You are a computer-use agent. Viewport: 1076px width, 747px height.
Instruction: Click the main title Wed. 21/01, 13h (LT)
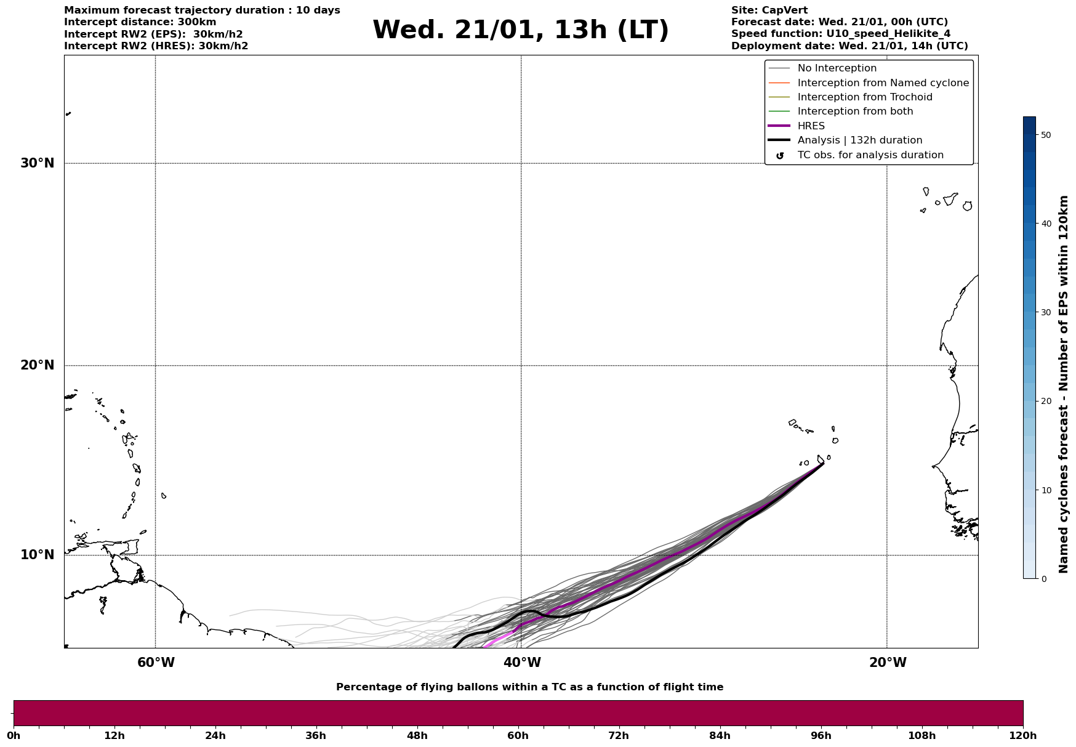[x=520, y=30]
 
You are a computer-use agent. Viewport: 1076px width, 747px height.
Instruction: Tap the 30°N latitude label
[x=37, y=163]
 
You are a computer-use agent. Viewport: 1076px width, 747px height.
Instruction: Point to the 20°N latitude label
[x=37, y=365]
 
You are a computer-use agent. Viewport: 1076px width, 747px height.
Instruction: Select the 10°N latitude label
[x=37, y=555]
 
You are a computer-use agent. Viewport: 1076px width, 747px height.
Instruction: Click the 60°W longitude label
[x=156, y=663]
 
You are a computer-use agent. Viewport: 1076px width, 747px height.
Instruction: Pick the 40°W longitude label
[x=522, y=663]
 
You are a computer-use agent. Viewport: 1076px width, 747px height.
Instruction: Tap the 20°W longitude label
[x=887, y=663]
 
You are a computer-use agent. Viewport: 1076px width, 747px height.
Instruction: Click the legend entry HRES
[x=811, y=126]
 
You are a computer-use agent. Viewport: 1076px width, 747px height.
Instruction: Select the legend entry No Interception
[x=837, y=68]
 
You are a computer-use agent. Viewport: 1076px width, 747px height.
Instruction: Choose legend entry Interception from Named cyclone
[x=883, y=83]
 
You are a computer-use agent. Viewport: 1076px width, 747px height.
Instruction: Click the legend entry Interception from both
[x=855, y=111]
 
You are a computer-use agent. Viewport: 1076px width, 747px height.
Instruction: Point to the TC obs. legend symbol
[x=780, y=156]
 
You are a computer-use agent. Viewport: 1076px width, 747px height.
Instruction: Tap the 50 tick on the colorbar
[x=1046, y=135]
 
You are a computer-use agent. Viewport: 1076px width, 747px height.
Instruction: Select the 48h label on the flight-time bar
[x=417, y=735]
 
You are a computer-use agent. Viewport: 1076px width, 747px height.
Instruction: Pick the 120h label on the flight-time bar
[x=1023, y=735]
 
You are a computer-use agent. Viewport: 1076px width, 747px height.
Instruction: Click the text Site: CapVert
[x=769, y=10]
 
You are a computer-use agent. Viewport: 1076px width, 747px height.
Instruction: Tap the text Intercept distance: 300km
[x=140, y=22]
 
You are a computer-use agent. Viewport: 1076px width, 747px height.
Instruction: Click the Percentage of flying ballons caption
[x=529, y=687]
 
